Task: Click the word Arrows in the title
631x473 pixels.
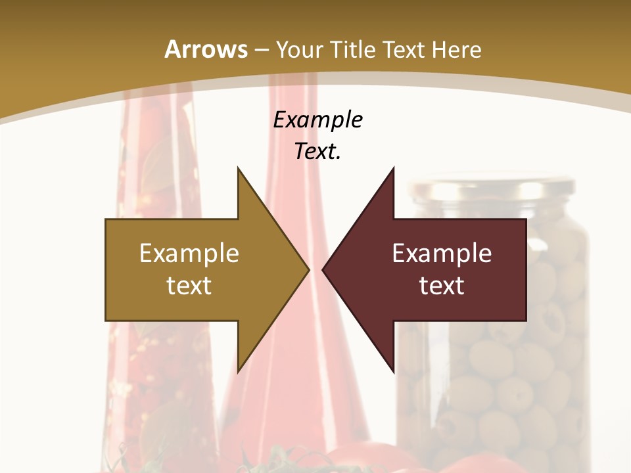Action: (206, 49)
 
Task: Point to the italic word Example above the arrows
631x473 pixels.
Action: (318, 120)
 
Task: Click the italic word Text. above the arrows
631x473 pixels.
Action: (318, 151)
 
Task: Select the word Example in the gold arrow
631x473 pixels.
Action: (189, 254)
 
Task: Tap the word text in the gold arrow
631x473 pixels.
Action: (189, 285)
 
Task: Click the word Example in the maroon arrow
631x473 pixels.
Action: (442, 254)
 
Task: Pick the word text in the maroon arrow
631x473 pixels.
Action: (442, 285)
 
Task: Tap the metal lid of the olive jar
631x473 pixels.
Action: (490, 188)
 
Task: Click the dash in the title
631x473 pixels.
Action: (262, 50)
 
